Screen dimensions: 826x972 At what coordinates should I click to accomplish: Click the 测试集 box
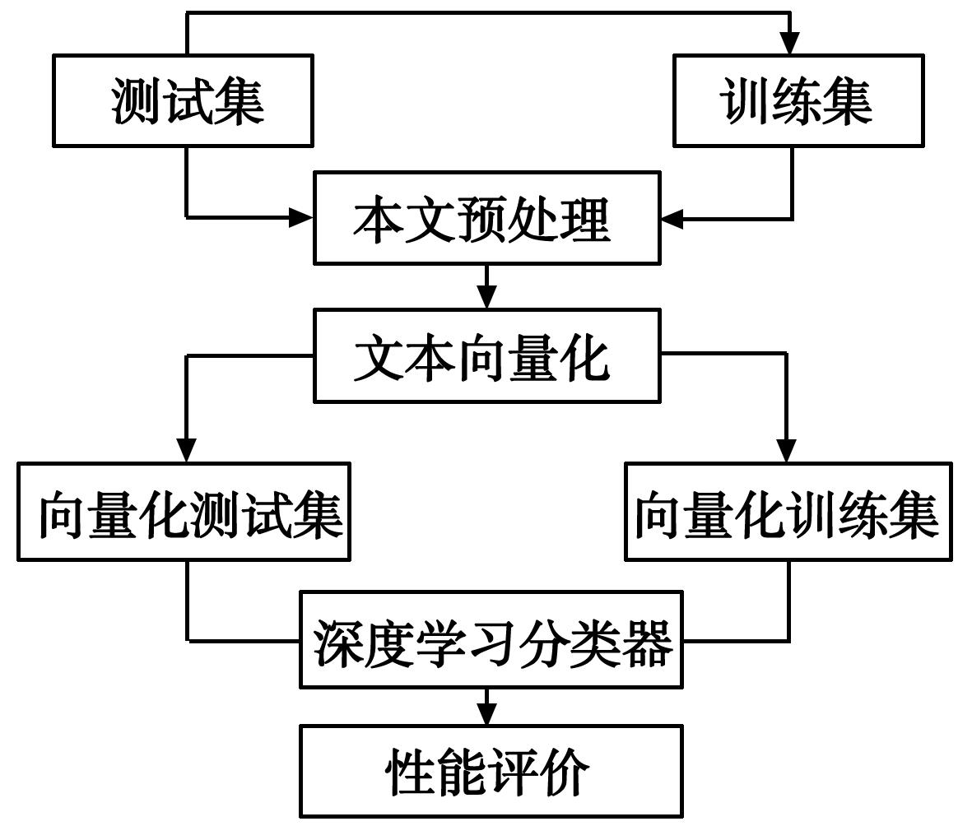click(184, 100)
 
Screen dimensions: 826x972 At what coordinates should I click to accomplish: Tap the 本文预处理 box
click(486, 218)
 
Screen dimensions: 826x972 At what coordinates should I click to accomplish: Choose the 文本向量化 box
click(486, 355)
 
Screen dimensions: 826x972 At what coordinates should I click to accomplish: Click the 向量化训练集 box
click(788, 512)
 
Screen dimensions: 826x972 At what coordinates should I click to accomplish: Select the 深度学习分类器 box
click(491, 639)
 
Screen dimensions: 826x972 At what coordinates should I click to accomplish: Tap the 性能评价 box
click(491, 771)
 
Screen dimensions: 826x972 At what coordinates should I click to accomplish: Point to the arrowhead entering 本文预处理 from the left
click(301, 218)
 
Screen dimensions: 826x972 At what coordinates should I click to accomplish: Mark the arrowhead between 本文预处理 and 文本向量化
click(487, 297)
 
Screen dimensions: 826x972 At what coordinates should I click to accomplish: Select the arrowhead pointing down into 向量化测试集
click(188, 451)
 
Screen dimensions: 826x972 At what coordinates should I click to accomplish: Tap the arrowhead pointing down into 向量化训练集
click(787, 451)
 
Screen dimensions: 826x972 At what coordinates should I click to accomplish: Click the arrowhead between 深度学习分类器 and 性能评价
click(487, 713)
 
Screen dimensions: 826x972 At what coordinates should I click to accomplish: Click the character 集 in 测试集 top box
click(238, 101)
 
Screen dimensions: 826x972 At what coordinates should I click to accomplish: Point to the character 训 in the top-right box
click(743, 101)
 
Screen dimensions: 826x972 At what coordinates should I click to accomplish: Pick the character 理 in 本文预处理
click(585, 219)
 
